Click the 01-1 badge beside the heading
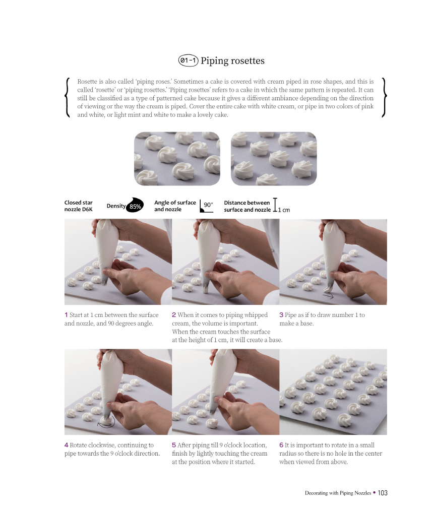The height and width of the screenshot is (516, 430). (x=188, y=60)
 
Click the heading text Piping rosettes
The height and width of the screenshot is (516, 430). (x=232, y=61)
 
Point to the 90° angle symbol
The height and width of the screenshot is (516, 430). (x=207, y=206)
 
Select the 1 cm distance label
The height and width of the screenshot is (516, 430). (x=284, y=210)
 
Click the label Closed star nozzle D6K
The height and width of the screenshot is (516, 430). (x=78, y=206)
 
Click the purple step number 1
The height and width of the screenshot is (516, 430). (x=66, y=315)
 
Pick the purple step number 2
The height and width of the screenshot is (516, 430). (x=174, y=315)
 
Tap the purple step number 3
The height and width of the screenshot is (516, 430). (x=281, y=315)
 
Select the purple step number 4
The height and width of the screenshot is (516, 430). (x=67, y=445)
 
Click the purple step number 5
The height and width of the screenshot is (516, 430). (x=174, y=445)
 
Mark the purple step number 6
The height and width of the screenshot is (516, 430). (x=281, y=445)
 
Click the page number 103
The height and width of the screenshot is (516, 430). (x=382, y=493)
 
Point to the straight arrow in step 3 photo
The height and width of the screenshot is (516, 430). (x=328, y=296)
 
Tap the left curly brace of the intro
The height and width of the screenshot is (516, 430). (x=68, y=97)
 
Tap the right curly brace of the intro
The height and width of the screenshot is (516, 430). (x=384, y=97)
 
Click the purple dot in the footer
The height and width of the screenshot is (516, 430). (x=375, y=493)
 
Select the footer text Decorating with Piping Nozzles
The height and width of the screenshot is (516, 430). (x=338, y=493)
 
